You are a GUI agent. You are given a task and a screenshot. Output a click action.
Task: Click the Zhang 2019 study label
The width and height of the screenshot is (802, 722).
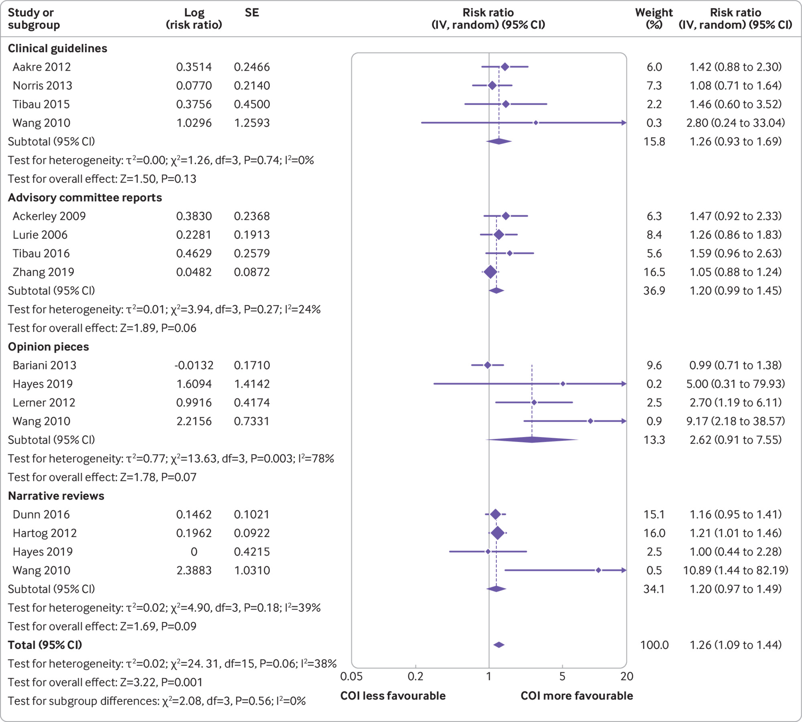[43, 272]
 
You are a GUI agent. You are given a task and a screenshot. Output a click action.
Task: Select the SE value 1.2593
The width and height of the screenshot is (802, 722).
[252, 123]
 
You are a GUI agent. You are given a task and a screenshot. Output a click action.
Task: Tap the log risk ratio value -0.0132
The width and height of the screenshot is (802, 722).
[194, 365]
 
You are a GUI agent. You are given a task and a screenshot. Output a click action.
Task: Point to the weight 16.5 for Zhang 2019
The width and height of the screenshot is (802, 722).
[654, 272]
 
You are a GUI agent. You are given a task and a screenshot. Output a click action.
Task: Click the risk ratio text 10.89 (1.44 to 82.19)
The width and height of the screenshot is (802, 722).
[735, 570]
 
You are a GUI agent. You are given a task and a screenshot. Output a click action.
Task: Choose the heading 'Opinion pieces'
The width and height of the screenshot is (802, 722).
[49, 347]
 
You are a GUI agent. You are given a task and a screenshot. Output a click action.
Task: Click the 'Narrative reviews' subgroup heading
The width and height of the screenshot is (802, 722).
[56, 496]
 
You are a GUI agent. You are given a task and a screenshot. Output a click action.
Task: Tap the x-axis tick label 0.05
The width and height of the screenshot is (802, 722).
[351, 677]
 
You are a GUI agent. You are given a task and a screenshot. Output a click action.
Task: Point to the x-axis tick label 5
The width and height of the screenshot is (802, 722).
[562, 677]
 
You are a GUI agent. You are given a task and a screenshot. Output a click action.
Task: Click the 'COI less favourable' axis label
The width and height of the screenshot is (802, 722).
[393, 696]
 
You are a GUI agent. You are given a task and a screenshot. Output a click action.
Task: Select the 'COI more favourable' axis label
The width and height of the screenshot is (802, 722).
[577, 696]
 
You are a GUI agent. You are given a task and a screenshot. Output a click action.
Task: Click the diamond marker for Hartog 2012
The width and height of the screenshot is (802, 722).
[498, 533]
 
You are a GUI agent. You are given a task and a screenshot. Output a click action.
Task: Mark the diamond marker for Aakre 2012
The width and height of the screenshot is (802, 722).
[505, 67]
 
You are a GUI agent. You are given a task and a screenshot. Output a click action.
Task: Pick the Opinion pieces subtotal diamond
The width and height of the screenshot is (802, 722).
[532, 440]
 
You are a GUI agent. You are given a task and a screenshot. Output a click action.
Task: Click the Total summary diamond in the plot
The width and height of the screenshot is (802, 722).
[499, 645]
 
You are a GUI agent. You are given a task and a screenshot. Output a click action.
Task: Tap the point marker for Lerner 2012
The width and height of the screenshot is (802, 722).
[534, 403]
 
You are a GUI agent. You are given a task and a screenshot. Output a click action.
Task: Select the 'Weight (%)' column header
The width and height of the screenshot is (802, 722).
[654, 18]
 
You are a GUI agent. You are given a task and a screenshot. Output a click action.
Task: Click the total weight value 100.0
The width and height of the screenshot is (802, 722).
[654, 645]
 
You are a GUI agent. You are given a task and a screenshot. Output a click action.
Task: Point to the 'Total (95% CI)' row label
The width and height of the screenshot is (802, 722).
[45, 645]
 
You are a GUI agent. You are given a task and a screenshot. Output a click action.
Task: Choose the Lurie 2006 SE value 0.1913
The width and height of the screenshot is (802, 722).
[252, 235]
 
